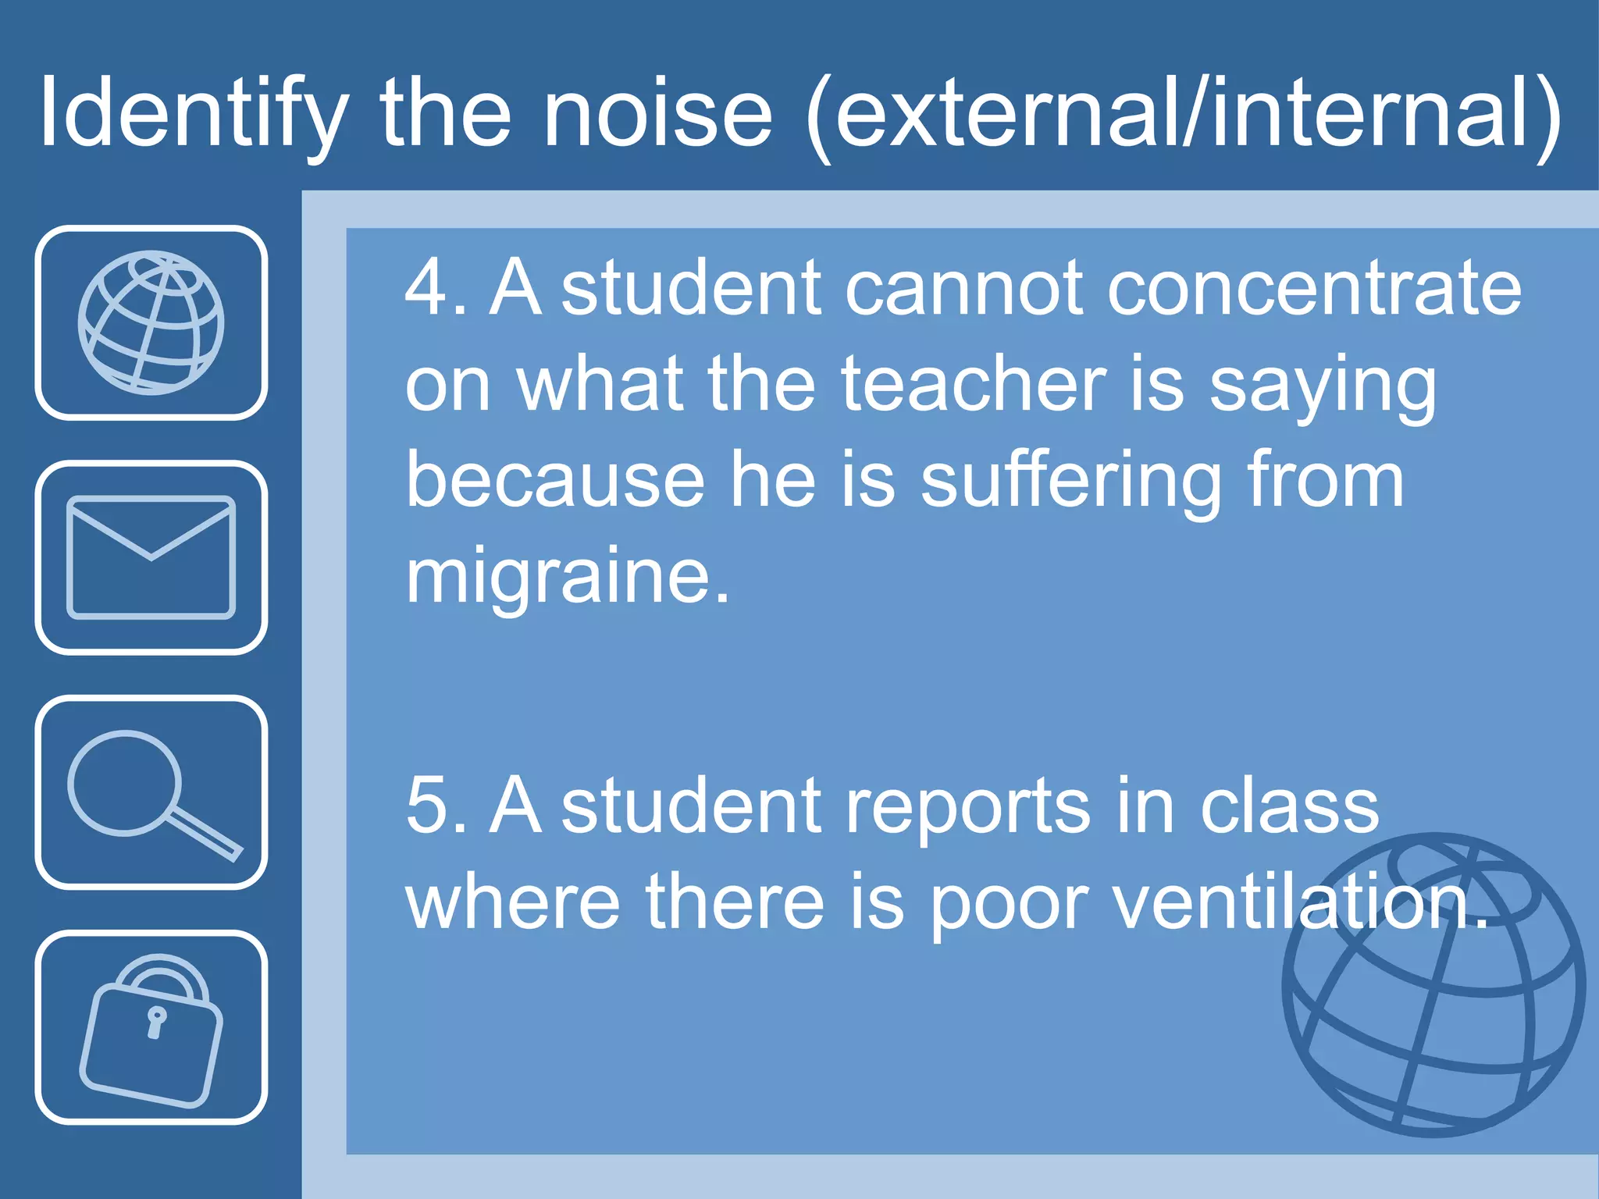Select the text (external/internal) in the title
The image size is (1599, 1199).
click(1183, 114)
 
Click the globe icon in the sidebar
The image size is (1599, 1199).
click(151, 322)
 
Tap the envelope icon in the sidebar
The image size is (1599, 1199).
click(151, 557)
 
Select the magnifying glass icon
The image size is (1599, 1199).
click(151, 792)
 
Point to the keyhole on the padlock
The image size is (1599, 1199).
click(156, 1021)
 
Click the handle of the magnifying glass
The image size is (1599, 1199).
click(205, 835)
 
